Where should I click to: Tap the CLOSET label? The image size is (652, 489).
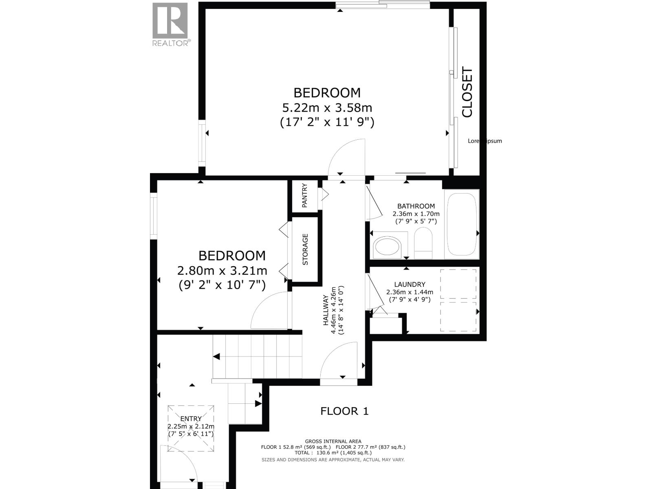tap(467, 93)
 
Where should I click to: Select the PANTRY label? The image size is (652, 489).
tap(304, 196)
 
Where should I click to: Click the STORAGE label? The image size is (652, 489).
tap(305, 249)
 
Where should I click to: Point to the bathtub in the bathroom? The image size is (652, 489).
tap(462, 224)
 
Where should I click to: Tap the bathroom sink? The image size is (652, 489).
tap(388, 247)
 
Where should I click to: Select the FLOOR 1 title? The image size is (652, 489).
tap(344, 411)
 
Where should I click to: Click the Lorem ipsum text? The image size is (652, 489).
tap(485, 141)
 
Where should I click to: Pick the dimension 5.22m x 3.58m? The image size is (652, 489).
tap(327, 108)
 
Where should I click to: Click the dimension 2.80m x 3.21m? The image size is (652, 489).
tap(222, 271)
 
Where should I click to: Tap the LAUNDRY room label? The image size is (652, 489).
tap(410, 284)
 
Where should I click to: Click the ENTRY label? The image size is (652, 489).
tap(191, 419)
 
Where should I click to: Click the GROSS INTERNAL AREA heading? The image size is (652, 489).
tap(333, 441)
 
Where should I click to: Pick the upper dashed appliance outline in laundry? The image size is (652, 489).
tap(458, 284)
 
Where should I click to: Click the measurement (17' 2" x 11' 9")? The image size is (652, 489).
tap(327, 122)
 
